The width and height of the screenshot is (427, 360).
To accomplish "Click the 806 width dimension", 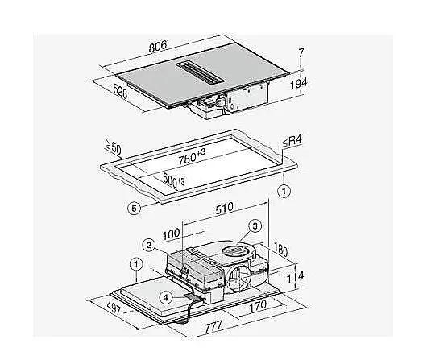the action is tap(158, 46).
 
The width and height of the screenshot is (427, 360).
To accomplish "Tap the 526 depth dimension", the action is tap(120, 92).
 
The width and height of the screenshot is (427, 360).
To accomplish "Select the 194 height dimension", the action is tap(298, 83).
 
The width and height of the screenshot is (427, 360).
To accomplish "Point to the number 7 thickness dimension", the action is tap(301, 52).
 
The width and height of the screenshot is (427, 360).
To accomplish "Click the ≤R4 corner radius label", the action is tap(292, 141).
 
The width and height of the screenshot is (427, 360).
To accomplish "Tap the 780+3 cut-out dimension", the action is tap(192, 157).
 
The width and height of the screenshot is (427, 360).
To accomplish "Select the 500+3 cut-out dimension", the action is tap(174, 180).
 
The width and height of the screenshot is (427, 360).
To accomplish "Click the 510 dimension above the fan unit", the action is tap(225, 208).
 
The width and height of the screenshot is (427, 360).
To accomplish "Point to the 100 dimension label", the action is tap(172, 234).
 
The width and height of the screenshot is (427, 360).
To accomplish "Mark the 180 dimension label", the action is tap(280, 249).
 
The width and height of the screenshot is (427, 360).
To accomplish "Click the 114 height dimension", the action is tap(296, 277).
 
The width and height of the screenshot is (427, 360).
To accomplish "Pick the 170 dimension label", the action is tap(258, 306).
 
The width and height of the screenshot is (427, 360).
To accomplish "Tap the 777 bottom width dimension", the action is tap(213, 326).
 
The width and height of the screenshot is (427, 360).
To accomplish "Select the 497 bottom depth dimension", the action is tap(114, 308).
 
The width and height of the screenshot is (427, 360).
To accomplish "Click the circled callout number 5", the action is tap(135, 209).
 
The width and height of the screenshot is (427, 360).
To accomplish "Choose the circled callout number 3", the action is tap(255, 226).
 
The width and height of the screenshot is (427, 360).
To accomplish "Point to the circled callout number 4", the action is tap(166, 297).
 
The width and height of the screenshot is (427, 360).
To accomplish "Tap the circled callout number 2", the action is tap(149, 246).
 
